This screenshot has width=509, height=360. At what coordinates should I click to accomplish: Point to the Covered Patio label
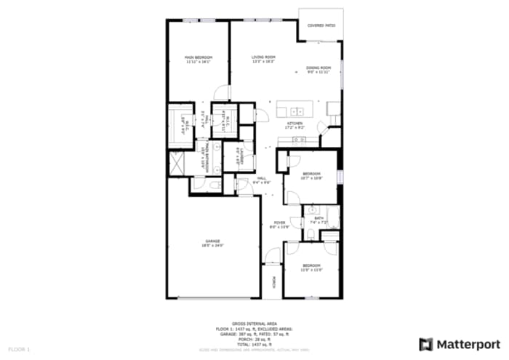coord(321,25)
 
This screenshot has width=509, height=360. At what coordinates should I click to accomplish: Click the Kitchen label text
coord(295,124)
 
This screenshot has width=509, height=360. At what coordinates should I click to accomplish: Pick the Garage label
coord(212,241)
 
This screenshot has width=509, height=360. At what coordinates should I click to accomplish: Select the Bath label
coord(319,217)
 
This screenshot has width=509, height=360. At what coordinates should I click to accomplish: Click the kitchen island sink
coord(297,111)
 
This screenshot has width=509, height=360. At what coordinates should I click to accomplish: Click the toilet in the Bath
coord(311,233)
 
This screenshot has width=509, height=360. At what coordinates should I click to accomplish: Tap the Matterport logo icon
coord(426,343)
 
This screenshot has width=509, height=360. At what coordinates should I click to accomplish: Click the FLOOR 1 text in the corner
coord(20,350)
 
